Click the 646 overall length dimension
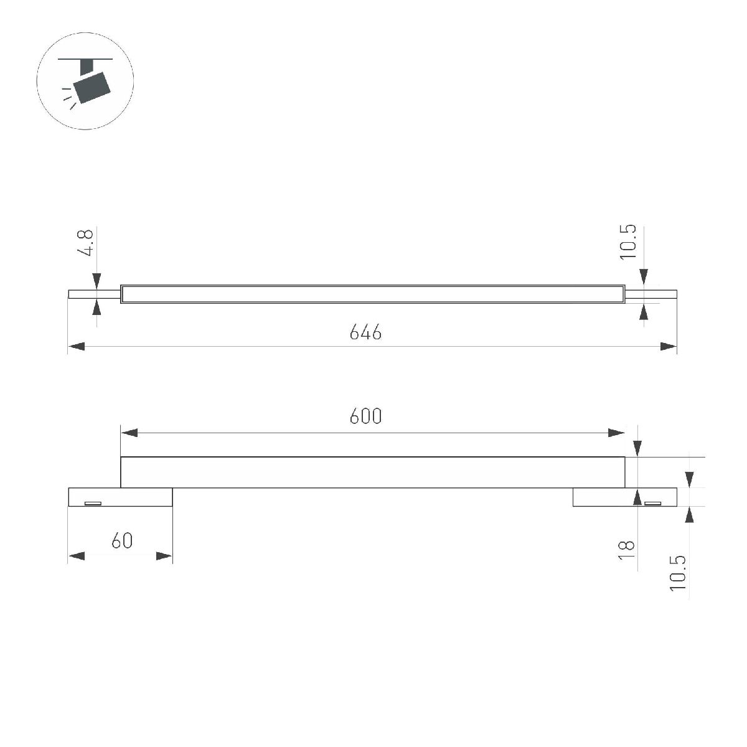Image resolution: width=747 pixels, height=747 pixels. [x=365, y=332]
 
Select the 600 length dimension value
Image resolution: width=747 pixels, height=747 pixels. [x=365, y=416]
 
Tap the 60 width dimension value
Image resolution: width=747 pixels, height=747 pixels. [x=122, y=541]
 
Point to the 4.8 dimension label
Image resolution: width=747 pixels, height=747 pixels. [x=86, y=243]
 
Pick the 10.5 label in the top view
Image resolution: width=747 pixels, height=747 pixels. [x=628, y=242]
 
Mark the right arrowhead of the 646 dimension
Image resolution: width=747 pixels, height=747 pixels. [x=669, y=347]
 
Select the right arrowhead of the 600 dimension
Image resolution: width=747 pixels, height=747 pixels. [x=616, y=433]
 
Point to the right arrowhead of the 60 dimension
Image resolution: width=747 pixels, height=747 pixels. [x=164, y=556]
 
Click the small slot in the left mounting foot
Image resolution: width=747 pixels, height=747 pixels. [x=93, y=503]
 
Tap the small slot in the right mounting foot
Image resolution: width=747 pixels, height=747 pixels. [x=652, y=503]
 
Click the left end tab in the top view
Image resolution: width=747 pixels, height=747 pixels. [x=93, y=294]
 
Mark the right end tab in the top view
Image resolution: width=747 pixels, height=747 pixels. [x=651, y=294]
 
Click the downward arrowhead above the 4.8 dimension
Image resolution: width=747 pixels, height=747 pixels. [x=97, y=281]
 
